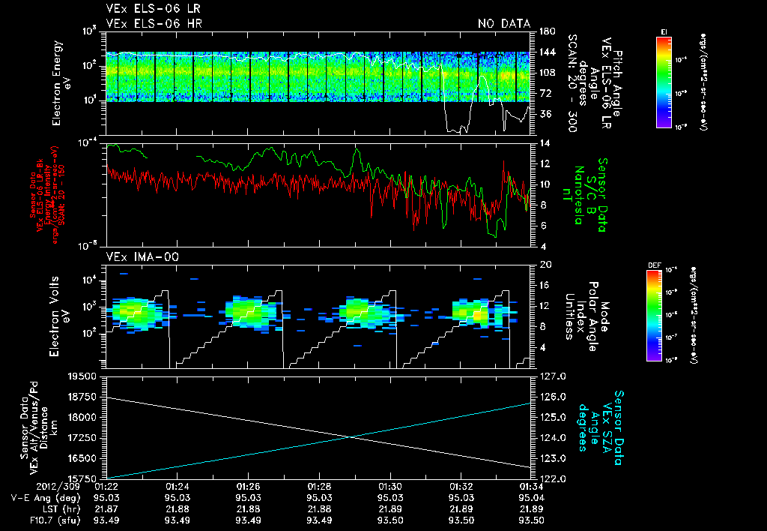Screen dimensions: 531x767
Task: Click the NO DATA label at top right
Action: click(x=503, y=23)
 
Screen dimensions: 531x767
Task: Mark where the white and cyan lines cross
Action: click(x=351, y=437)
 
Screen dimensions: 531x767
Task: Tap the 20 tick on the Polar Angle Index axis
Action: click(x=545, y=265)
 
